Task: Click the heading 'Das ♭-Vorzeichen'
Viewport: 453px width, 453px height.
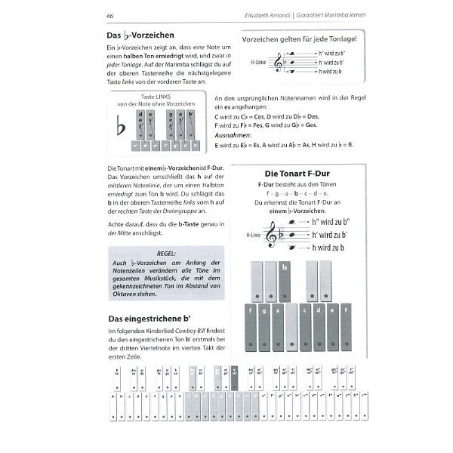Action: (140, 35)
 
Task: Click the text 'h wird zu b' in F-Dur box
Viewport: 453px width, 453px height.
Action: (322, 248)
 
